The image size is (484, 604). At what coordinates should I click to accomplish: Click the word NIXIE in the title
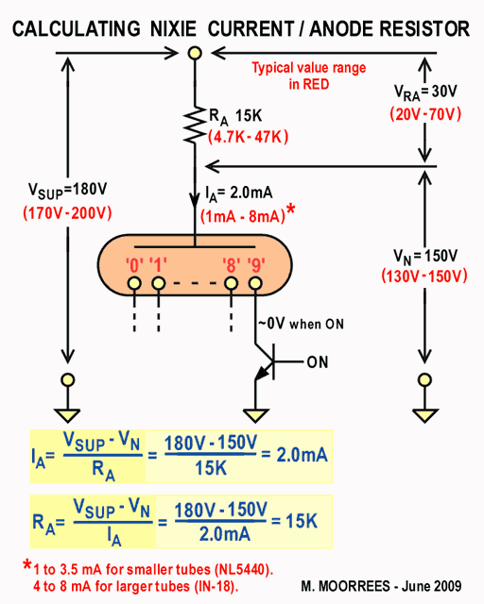click(x=173, y=29)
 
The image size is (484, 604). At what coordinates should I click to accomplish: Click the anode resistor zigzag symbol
click(x=195, y=126)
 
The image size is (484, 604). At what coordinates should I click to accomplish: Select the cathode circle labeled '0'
click(x=134, y=283)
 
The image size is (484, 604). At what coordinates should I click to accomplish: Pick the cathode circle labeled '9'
click(x=255, y=283)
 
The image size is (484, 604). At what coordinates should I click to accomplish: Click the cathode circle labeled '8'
click(x=231, y=283)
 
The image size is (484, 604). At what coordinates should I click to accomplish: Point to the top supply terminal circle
click(x=195, y=53)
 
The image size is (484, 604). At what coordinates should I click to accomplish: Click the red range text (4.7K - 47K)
click(x=249, y=137)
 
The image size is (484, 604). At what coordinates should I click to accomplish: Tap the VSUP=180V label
click(x=67, y=191)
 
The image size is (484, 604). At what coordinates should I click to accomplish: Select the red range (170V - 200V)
click(x=67, y=212)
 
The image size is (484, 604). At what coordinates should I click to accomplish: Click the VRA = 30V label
click(x=425, y=92)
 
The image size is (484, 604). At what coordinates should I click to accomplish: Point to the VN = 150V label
click(x=425, y=257)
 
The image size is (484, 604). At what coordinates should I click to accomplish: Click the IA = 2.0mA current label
click(x=239, y=193)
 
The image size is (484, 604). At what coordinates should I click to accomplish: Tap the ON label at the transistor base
click(x=318, y=362)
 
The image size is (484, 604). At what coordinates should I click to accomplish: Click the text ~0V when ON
click(x=301, y=324)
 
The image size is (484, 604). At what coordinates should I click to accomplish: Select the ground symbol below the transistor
click(x=255, y=415)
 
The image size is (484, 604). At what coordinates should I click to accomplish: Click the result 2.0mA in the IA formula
click(x=302, y=455)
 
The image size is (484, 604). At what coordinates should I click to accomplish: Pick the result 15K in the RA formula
click(x=302, y=521)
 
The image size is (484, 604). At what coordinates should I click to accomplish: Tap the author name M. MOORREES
click(x=345, y=586)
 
